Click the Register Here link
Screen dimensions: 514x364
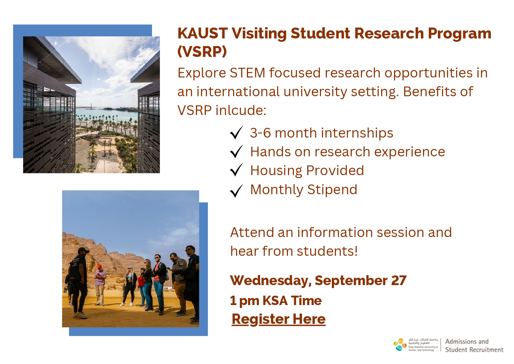(x=279, y=319)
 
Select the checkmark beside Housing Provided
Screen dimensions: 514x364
(x=237, y=170)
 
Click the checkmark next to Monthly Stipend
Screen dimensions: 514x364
(x=237, y=191)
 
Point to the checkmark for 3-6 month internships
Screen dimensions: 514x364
(x=237, y=133)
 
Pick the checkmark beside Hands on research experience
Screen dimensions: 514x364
(x=237, y=151)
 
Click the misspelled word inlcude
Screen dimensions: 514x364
(x=241, y=110)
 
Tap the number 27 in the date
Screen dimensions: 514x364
(x=399, y=280)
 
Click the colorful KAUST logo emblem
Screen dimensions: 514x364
(x=400, y=345)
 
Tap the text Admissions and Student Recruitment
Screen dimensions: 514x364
(x=474, y=346)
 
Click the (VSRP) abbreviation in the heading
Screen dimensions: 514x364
(x=202, y=52)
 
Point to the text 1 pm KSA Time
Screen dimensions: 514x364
(x=276, y=301)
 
